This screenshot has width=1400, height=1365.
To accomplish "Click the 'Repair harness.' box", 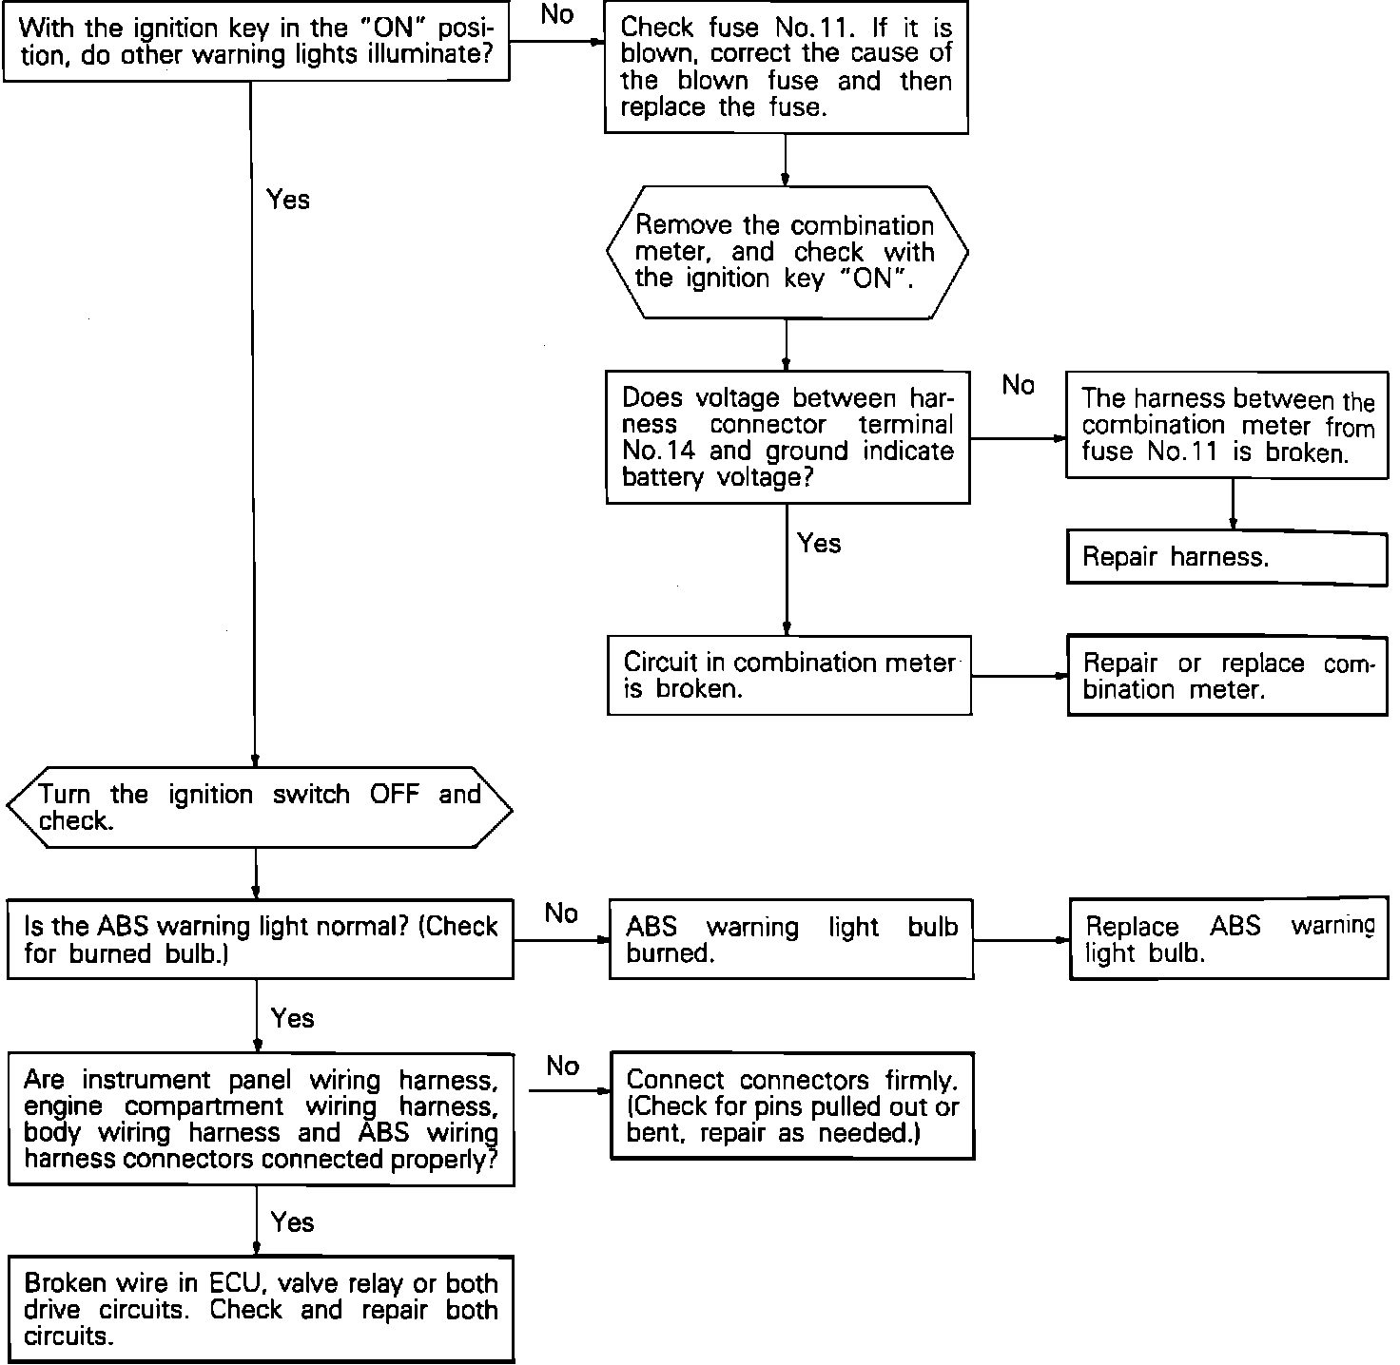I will (1226, 557).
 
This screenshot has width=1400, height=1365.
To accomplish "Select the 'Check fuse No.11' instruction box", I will (786, 68).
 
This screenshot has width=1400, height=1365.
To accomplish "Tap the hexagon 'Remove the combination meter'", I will (786, 252).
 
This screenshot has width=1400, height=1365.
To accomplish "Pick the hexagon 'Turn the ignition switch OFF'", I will (259, 808).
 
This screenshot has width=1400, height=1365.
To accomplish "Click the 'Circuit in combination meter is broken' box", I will (788, 675).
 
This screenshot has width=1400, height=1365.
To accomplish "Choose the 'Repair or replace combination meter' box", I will (1227, 676).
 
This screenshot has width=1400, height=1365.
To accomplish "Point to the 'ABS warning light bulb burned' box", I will (790, 939).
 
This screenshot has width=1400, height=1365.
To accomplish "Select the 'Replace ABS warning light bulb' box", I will (1228, 939).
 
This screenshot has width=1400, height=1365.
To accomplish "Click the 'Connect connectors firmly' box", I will (791, 1106).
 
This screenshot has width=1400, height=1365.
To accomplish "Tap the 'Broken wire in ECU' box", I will (261, 1310).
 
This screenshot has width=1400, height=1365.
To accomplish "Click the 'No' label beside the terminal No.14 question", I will (1018, 385).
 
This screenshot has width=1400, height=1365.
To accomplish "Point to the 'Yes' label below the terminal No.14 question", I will (819, 544).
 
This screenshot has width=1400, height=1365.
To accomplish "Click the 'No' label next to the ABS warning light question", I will (561, 913).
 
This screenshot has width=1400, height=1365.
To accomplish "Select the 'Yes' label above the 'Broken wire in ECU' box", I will (292, 1221).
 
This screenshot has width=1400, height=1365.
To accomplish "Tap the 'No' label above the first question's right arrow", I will (556, 15).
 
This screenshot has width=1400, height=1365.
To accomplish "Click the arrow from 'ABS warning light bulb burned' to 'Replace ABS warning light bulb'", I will (1021, 940).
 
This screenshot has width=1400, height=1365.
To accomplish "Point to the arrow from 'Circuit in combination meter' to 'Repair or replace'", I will (1019, 677).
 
